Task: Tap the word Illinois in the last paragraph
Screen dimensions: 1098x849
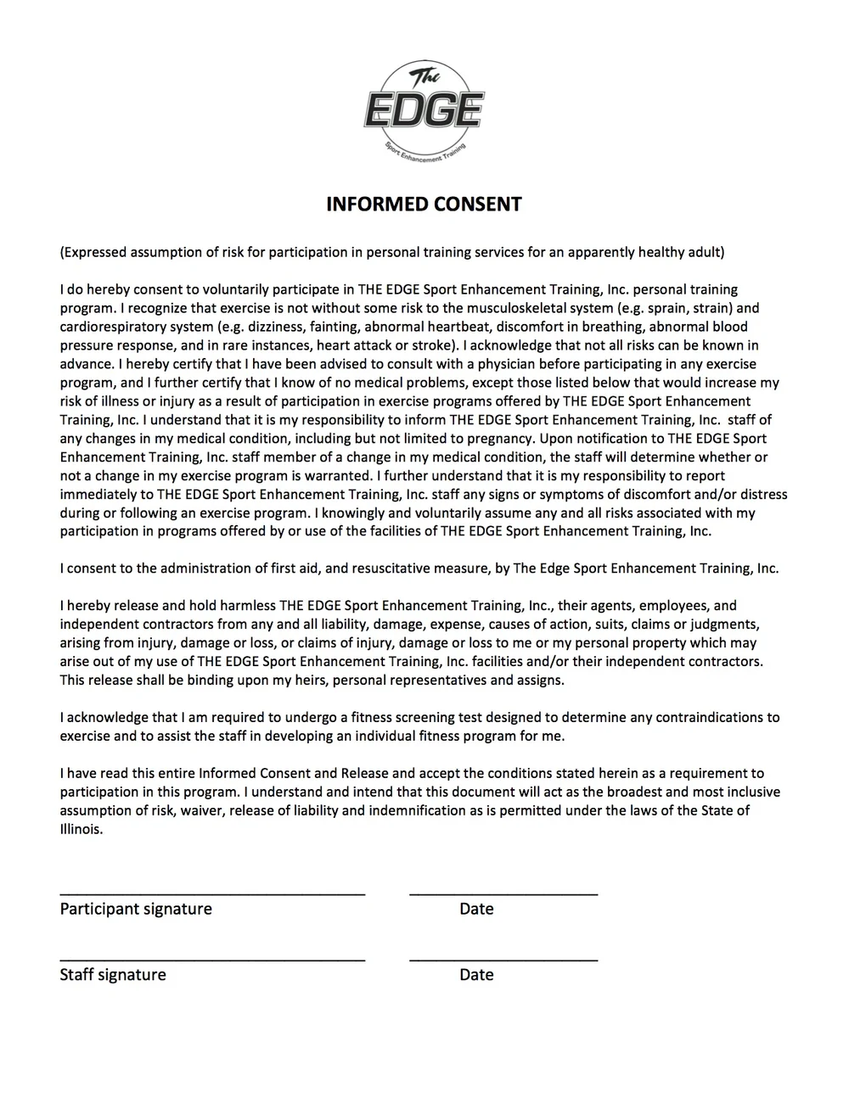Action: tap(80, 830)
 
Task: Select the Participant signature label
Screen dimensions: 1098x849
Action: tap(136, 909)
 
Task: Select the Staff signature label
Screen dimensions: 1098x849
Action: tap(113, 975)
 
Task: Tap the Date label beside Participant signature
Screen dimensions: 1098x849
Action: tap(476, 909)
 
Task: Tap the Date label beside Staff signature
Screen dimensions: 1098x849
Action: tap(476, 975)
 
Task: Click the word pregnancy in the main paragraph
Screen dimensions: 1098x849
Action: tap(501, 439)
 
